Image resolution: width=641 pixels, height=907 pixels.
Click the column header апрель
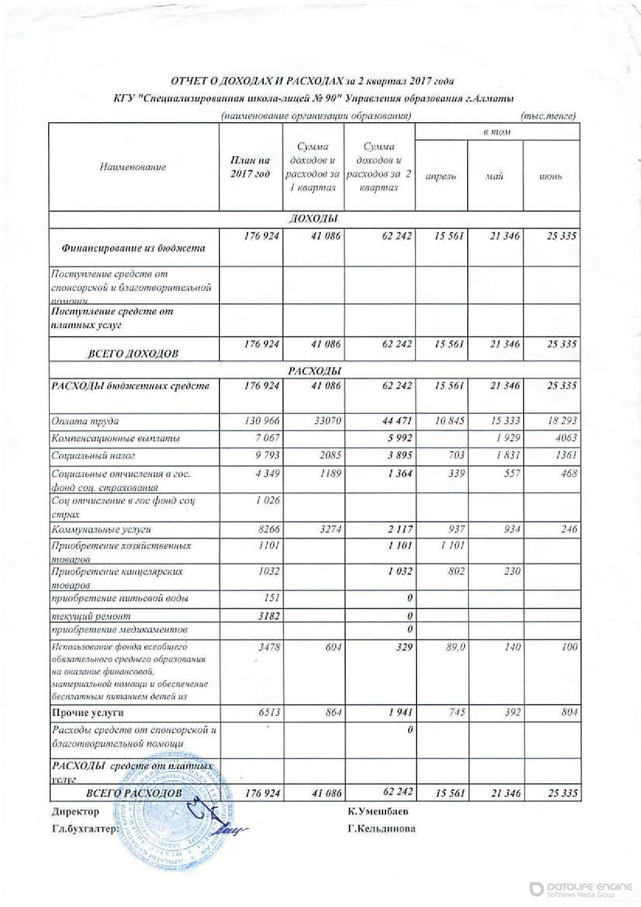tap(441, 176)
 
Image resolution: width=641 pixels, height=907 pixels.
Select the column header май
tap(495, 176)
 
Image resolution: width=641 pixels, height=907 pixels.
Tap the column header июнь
tap(550, 176)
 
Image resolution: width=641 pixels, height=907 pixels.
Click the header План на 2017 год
tap(250, 167)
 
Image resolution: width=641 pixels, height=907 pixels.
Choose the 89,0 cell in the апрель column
tap(455, 647)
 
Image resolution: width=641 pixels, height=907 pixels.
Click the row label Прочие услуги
tap(88, 712)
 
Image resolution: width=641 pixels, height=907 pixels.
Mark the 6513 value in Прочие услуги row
tap(269, 712)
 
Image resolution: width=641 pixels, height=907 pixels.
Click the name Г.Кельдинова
tap(382, 828)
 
